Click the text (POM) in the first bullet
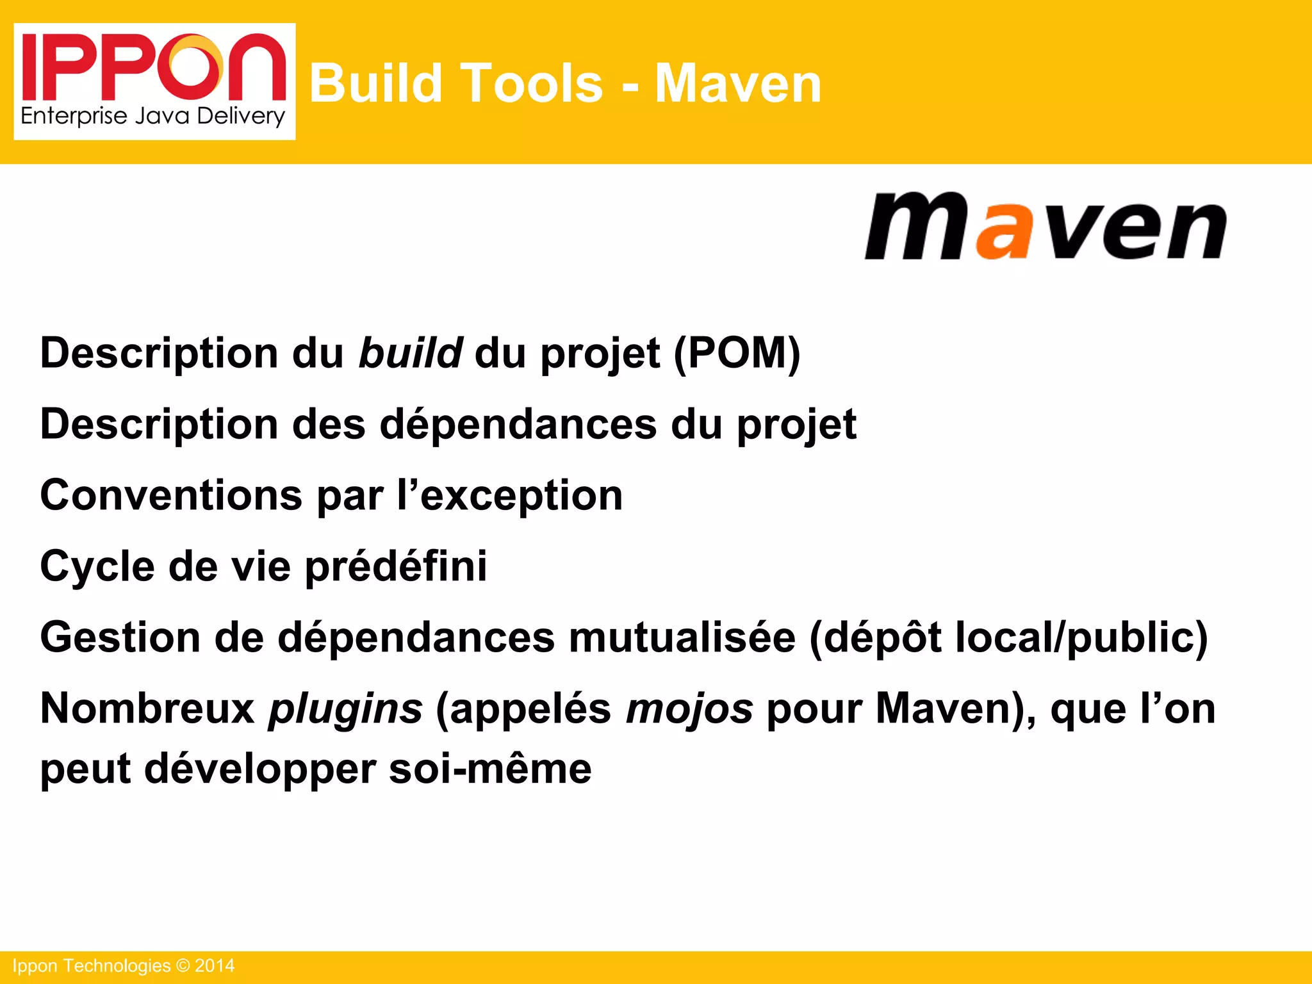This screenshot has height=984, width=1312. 737,354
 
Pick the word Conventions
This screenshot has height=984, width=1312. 171,495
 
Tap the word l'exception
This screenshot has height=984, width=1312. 510,496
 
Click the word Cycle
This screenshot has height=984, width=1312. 97,567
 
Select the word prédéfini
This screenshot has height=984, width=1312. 396,567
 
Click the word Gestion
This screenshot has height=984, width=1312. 120,637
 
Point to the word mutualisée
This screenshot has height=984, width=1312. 682,637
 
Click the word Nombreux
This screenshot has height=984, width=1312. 147,709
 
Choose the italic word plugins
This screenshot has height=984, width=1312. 345,710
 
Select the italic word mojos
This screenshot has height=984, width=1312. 689,710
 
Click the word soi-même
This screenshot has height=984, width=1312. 490,768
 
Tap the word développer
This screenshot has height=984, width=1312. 260,769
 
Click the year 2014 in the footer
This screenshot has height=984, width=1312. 215,965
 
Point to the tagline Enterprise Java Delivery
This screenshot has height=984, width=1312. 152,117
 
